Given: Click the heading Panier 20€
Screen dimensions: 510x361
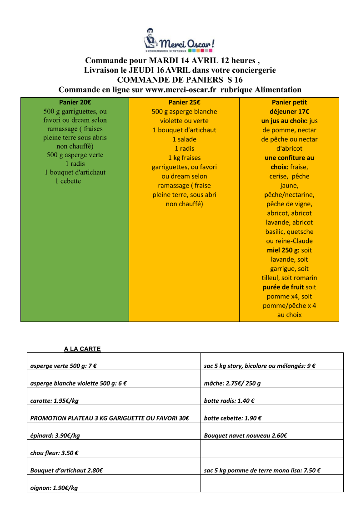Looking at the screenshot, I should (75, 102).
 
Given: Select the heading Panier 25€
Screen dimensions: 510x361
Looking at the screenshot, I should (184, 102).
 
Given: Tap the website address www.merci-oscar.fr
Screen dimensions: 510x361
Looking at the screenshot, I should (180, 89).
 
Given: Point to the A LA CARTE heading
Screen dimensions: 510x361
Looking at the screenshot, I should (82, 349).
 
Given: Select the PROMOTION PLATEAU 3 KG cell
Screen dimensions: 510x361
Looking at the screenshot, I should (110, 418).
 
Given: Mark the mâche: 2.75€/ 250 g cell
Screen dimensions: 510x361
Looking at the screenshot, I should (232, 383).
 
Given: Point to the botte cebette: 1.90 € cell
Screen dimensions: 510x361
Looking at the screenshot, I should (232, 418).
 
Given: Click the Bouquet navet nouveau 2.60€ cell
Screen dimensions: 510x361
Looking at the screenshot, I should (246, 436).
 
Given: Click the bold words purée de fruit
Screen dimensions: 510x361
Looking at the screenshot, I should (283, 287).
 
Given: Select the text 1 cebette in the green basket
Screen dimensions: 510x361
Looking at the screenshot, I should (68, 181).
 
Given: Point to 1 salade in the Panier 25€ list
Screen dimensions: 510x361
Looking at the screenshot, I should (184, 139).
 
